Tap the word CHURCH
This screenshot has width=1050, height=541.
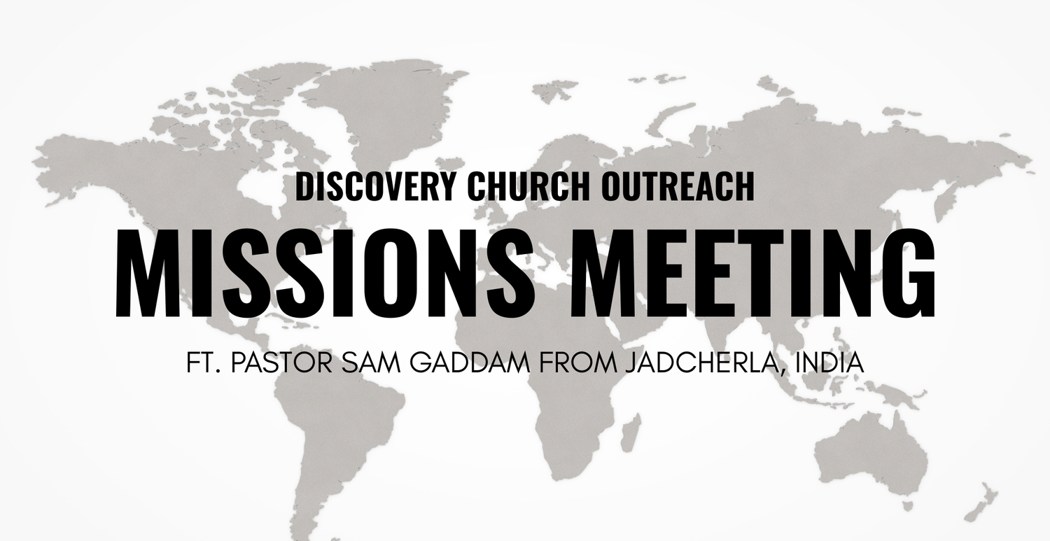(x=528, y=186)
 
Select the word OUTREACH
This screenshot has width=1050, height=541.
(x=677, y=186)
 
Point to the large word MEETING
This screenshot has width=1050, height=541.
(x=752, y=274)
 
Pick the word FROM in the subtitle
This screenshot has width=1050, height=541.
(x=577, y=363)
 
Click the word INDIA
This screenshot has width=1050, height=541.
(x=829, y=363)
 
